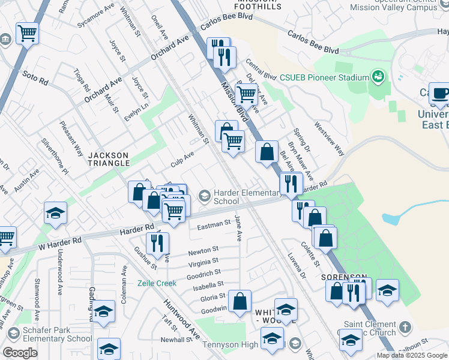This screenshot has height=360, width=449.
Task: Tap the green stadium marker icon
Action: coord(378,77)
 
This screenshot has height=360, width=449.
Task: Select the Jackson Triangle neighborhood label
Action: coord(109,158)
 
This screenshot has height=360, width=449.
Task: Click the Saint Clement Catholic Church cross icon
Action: coord(405,328)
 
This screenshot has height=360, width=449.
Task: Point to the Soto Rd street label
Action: coord(34,77)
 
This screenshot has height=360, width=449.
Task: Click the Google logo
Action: coord(20,353)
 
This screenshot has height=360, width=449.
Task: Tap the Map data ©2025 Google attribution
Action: coord(412,355)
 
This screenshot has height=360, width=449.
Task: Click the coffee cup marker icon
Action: coord(441,94)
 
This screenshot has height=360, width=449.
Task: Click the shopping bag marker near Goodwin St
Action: coord(240,302)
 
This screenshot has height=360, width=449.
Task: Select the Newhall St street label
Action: coord(175,340)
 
